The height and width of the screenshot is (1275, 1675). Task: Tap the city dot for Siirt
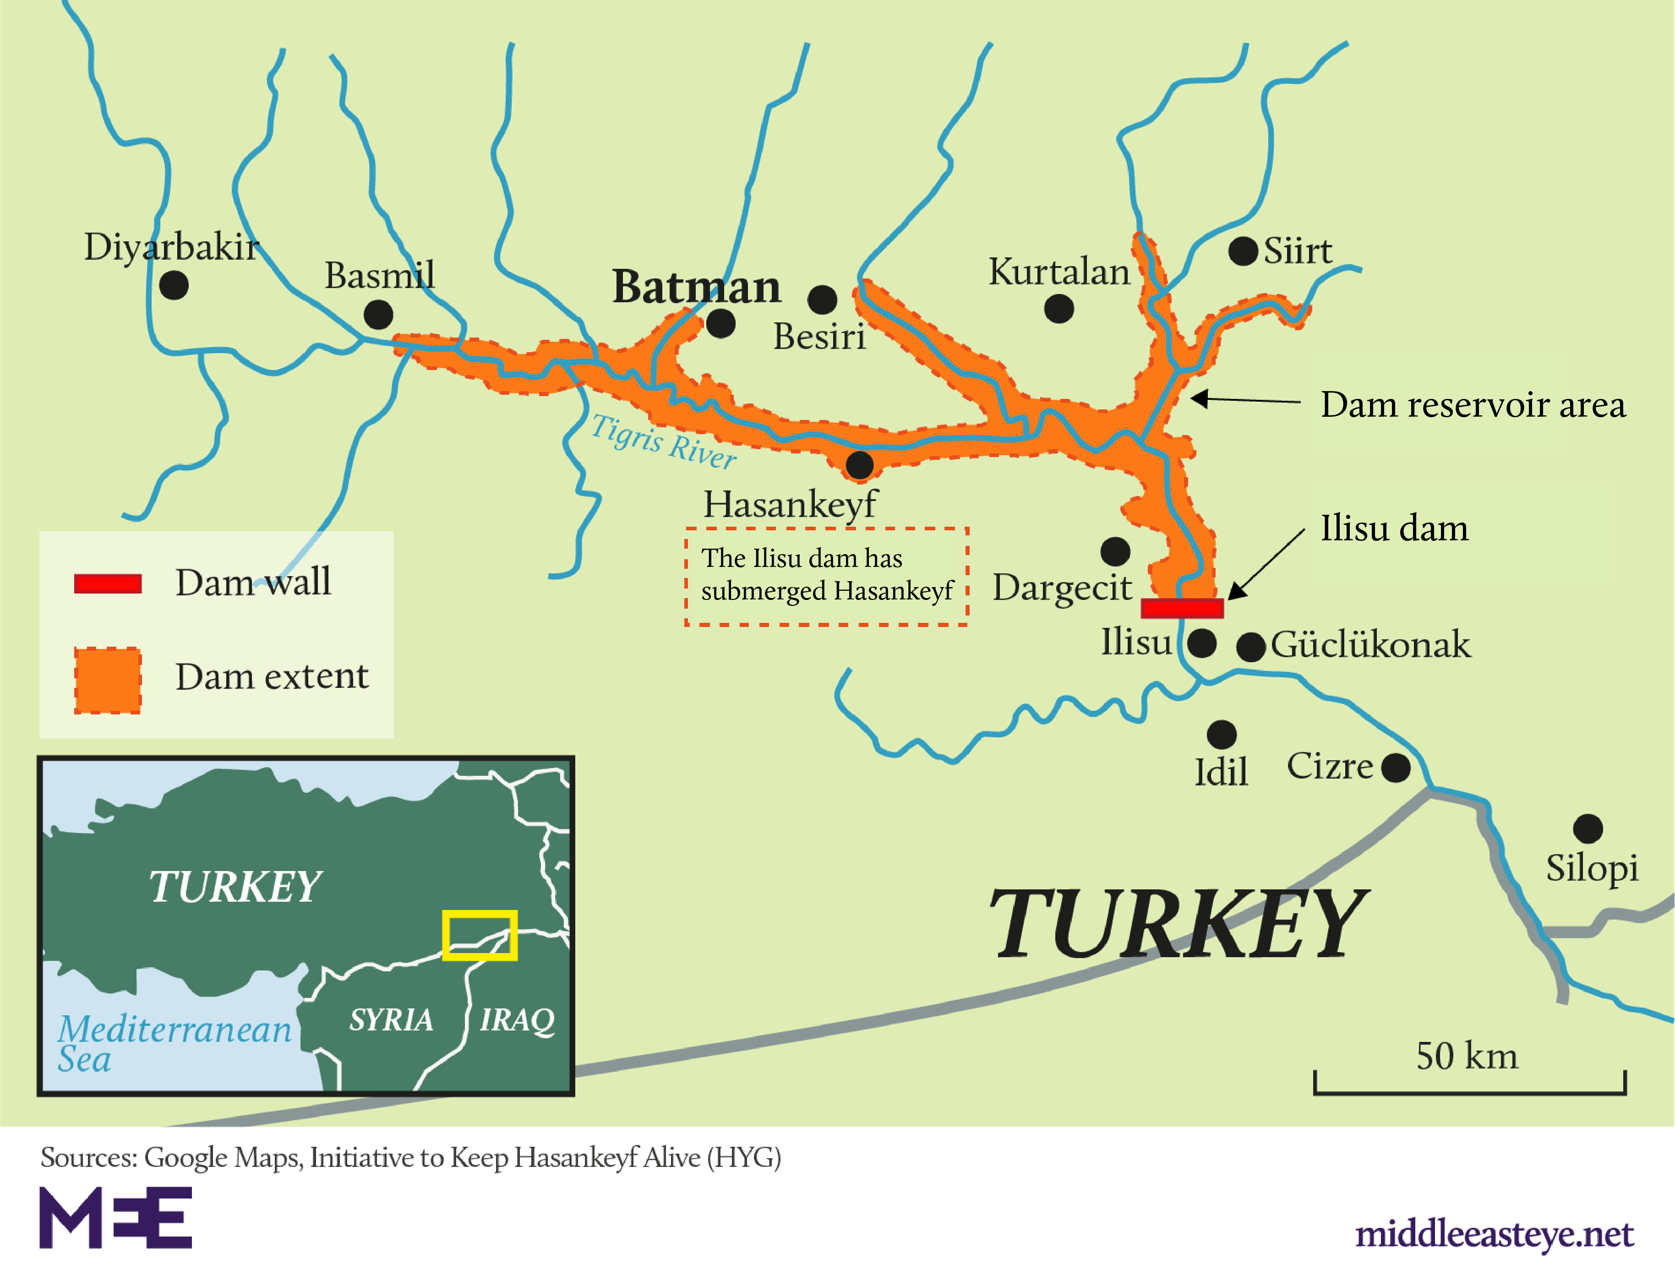pyautogui.click(x=1243, y=251)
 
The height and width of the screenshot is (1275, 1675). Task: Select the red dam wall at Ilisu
pyautogui.click(x=1182, y=608)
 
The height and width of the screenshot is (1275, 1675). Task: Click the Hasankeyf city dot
pyautogui.click(x=859, y=464)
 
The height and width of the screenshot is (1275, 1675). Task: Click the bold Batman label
pyautogui.click(x=696, y=287)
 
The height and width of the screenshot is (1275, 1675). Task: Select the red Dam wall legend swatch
pyautogui.click(x=108, y=583)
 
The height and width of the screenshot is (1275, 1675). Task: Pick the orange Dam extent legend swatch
pyautogui.click(x=108, y=680)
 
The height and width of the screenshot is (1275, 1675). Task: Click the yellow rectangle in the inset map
pyautogui.click(x=480, y=935)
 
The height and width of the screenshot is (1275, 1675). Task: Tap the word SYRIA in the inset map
pyautogui.click(x=391, y=1019)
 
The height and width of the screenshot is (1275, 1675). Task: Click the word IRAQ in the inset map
pyautogui.click(x=518, y=1019)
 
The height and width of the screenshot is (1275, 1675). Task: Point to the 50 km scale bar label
pyautogui.click(x=1466, y=1056)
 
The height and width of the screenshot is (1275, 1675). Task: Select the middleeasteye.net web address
pyautogui.click(x=1494, y=1233)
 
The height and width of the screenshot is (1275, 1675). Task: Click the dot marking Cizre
pyautogui.click(x=1396, y=767)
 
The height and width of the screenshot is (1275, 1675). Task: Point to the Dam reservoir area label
pyautogui.click(x=1473, y=404)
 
